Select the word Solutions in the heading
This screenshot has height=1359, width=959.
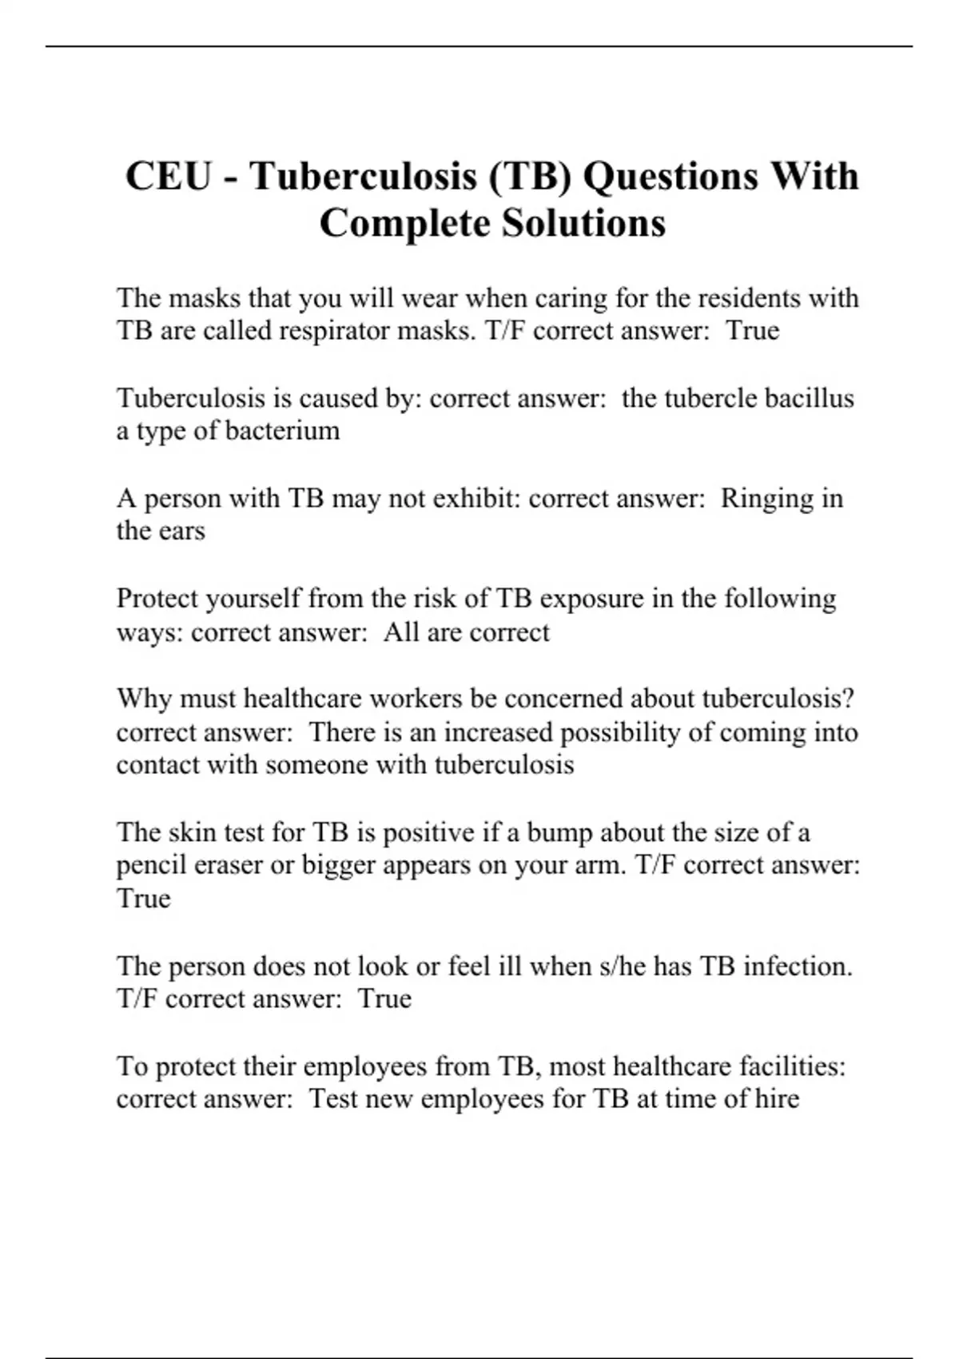[583, 223]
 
